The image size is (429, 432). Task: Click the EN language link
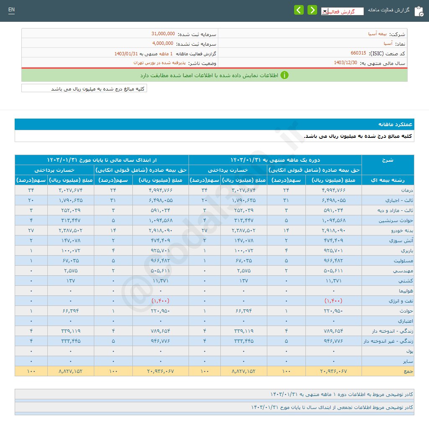[11, 10]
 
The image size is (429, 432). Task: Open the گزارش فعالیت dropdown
[342, 11]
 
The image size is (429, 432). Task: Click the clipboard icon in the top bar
[419, 11]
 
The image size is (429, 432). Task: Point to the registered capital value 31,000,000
[163, 34]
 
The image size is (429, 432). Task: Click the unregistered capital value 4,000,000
[163, 43]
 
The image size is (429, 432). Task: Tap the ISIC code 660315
[358, 53]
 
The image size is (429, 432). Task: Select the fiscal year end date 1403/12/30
[346, 63]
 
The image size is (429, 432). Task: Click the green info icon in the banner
[284, 75]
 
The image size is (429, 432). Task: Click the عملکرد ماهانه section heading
[396, 124]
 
